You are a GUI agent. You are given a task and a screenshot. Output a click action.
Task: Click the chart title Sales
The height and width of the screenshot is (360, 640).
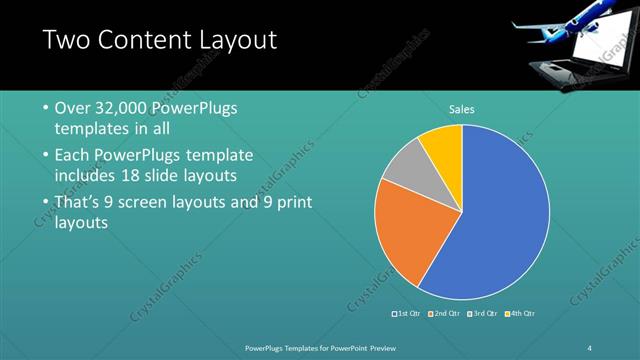pyautogui.click(x=461, y=109)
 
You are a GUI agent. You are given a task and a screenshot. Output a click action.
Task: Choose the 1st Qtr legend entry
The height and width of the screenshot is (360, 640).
pyautogui.click(x=407, y=314)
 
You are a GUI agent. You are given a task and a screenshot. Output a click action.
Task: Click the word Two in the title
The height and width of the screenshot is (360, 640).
pyautogui.click(x=69, y=40)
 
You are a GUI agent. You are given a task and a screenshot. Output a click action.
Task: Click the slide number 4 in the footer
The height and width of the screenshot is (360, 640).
pyautogui.click(x=590, y=347)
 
